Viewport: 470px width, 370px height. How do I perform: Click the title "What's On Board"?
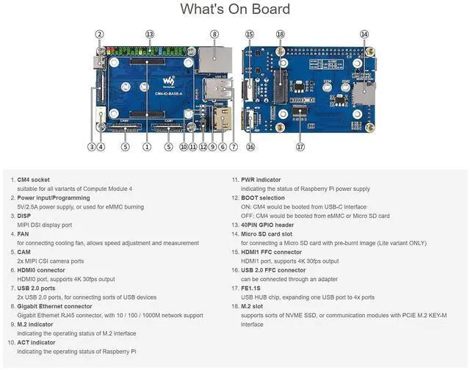235,10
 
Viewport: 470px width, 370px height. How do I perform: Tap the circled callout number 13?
150,34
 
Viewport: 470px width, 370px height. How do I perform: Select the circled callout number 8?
214,34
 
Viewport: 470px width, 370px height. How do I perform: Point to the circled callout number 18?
280,34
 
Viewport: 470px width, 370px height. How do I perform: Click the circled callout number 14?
364,34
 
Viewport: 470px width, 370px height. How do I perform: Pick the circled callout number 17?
300,146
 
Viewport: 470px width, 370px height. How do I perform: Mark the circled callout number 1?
147,147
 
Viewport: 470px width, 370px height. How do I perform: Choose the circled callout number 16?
250,147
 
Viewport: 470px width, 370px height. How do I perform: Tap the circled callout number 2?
99,34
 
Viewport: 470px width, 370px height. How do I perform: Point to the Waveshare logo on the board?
169,79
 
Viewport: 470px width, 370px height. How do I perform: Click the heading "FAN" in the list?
23,233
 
